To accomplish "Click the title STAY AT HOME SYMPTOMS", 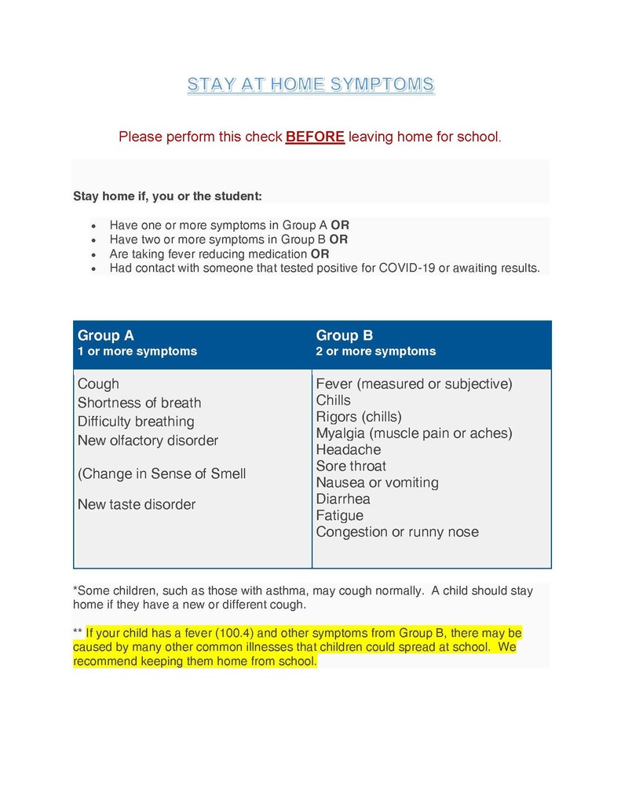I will [310, 85].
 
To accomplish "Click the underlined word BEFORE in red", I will [315, 137].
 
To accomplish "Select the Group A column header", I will [106, 336].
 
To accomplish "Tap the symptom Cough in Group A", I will [98, 384].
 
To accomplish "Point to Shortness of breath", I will [139, 403].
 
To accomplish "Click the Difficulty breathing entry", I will [136, 422].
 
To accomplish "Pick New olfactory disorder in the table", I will [148, 440].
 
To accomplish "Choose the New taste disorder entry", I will [136, 504].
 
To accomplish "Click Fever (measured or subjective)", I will [414, 384].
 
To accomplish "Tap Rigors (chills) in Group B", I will [358, 417].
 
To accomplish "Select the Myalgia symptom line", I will [414, 433].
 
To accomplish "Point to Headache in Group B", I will [348, 450].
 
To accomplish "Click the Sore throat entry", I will [351, 466].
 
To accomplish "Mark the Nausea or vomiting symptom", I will [377, 483].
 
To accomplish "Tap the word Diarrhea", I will [342, 499].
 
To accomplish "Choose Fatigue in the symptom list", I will [339, 516].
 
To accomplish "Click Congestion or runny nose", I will [396, 532].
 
